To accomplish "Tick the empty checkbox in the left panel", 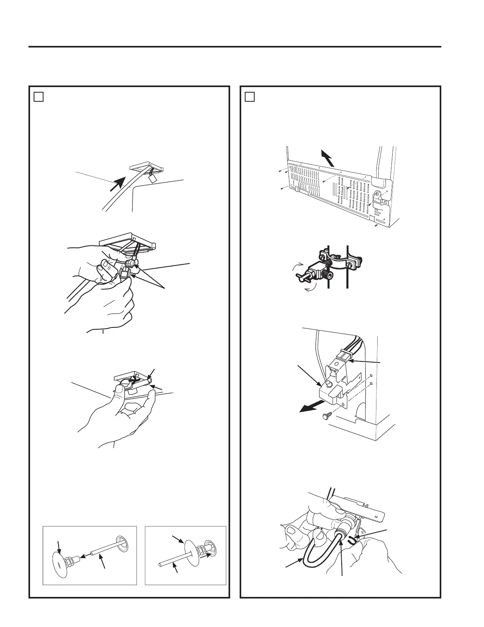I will click(x=38, y=97).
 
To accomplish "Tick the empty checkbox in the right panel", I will click(x=250, y=97).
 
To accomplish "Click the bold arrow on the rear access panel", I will click(x=327, y=158).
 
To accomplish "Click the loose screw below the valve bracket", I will click(x=327, y=416).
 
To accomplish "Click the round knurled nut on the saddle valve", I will click(x=326, y=274).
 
